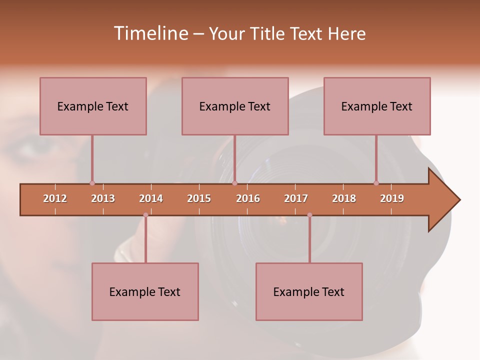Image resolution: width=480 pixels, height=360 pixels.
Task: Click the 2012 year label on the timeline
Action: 55,198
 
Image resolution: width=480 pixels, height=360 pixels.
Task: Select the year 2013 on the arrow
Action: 103,198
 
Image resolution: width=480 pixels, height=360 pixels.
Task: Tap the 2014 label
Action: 151,198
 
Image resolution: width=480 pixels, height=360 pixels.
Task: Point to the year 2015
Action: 199,198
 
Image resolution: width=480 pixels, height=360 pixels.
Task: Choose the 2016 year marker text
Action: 248,198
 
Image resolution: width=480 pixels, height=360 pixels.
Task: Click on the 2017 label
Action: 296,198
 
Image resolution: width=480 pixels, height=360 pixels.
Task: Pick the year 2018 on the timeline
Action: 344,198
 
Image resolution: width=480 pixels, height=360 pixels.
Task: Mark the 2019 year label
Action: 392,198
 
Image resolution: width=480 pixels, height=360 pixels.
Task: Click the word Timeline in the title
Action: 150,33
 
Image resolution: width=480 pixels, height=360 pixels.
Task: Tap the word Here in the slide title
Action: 346,33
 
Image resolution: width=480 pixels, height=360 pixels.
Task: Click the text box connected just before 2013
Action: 93,106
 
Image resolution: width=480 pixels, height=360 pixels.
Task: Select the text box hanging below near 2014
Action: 145,291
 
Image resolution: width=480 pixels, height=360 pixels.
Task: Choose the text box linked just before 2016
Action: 235,106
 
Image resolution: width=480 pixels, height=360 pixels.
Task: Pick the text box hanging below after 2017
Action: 309,291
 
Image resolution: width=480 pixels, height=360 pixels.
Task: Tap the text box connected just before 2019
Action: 377,106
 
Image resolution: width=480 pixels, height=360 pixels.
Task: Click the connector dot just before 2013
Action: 92,183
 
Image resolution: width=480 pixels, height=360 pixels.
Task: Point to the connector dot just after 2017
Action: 309,215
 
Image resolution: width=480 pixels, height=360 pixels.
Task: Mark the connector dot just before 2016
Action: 235,183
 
